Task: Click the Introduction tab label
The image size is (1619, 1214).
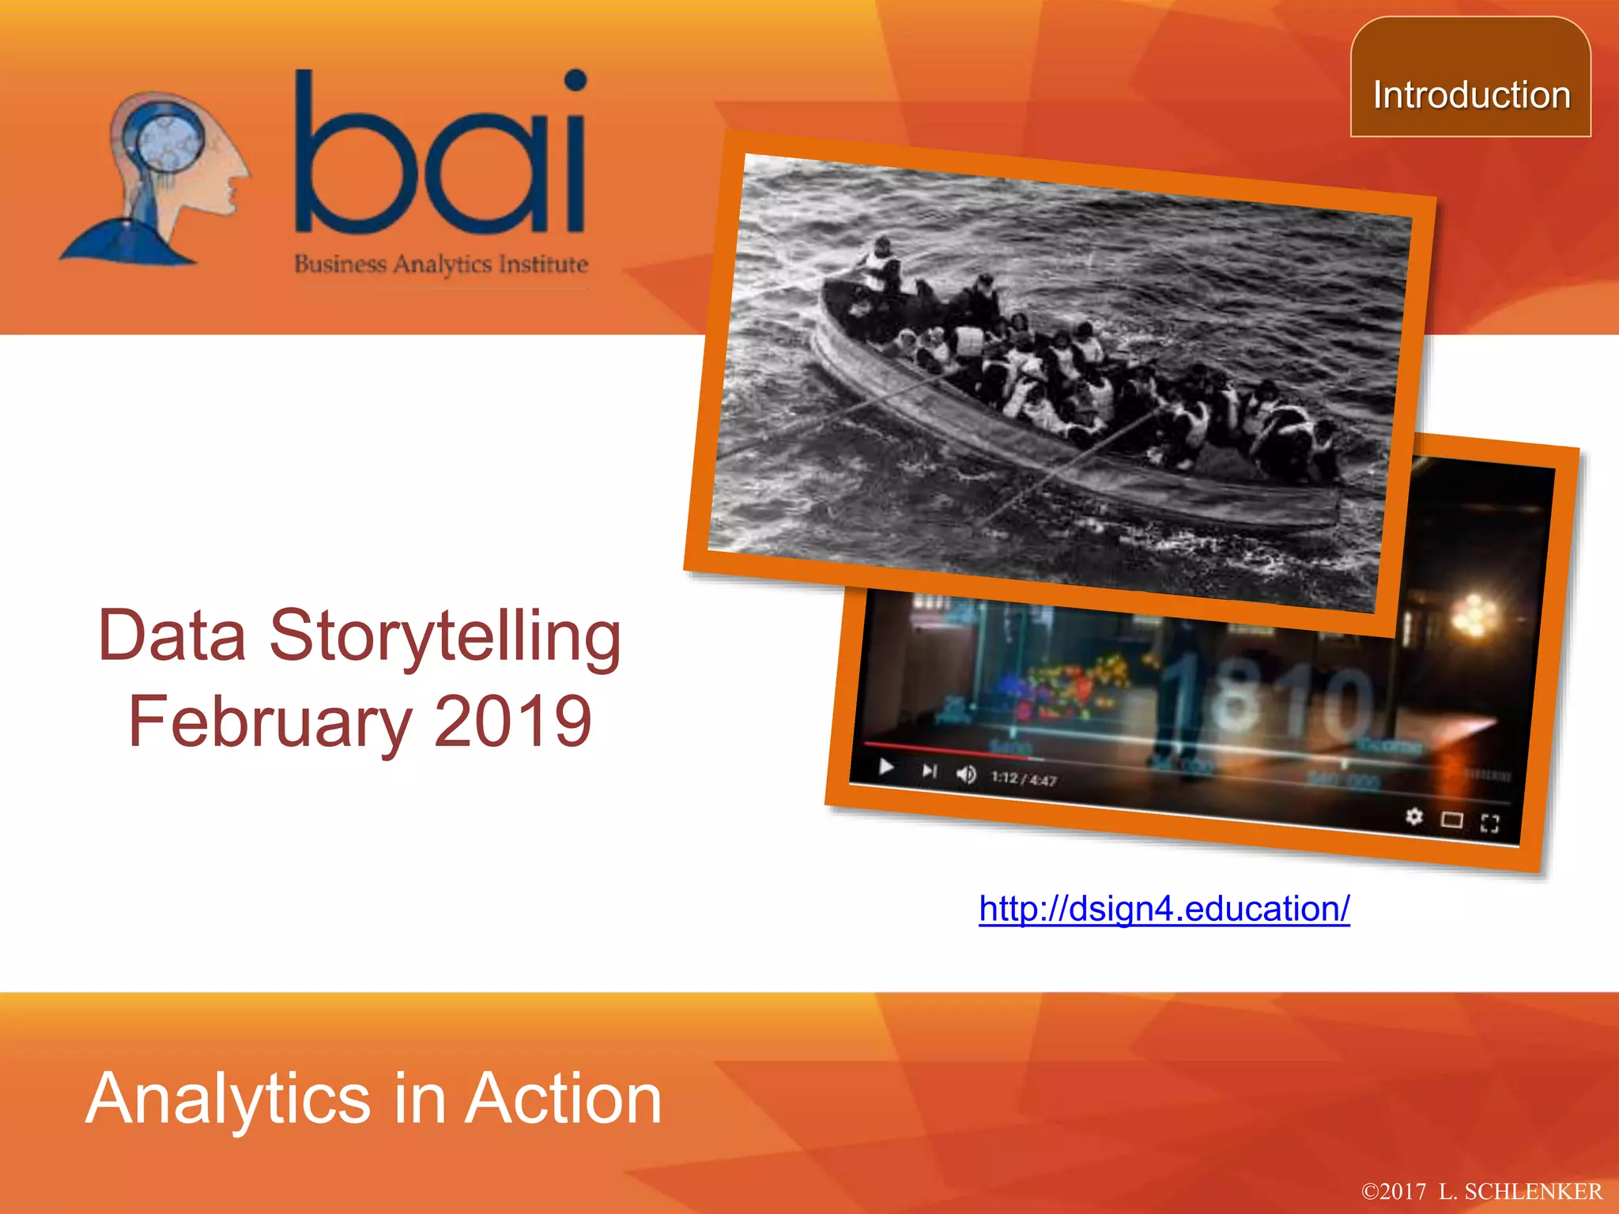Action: (1471, 95)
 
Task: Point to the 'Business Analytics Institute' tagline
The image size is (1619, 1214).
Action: (441, 264)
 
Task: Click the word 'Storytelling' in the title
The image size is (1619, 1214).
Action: (445, 636)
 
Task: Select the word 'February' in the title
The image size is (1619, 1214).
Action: (270, 722)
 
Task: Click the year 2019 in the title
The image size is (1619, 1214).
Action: (513, 722)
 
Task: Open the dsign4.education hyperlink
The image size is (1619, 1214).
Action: (1164, 909)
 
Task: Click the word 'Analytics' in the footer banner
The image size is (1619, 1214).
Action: (228, 1099)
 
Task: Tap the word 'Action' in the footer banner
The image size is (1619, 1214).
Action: (563, 1099)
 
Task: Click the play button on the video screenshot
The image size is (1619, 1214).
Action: (886, 767)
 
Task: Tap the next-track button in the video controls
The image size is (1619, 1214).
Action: (929, 771)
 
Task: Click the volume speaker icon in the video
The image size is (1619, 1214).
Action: (966, 775)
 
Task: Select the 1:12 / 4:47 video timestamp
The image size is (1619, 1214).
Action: (1024, 779)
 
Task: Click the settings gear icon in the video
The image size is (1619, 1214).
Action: (1414, 816)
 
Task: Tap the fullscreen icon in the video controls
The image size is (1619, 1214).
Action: (1489, 824)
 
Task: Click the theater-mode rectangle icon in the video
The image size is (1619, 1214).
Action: (1451, 820)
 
